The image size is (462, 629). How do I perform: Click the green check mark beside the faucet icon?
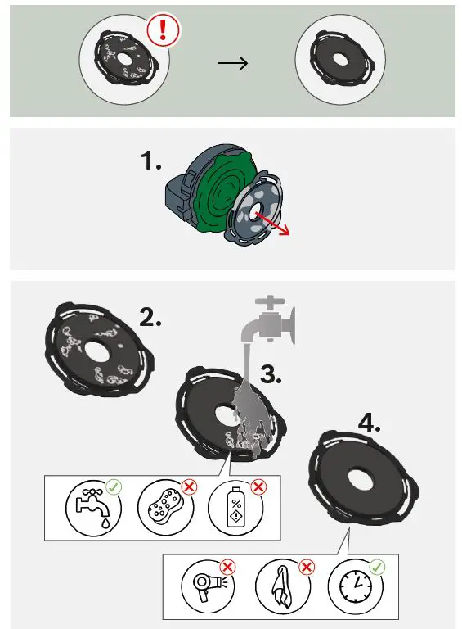click(x=114, y=487)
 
